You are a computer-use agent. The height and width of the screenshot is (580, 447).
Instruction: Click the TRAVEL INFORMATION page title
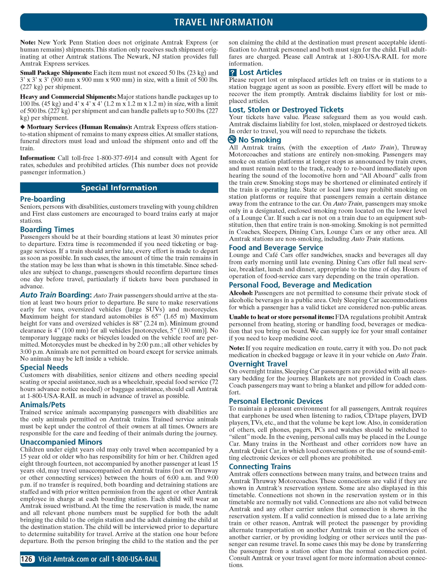pos(223,22)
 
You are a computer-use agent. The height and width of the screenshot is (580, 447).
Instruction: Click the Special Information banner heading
pos(119,188)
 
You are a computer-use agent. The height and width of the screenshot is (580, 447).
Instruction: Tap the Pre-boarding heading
pos(43,199)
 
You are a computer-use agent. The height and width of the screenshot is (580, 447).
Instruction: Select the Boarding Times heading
pos(47,229)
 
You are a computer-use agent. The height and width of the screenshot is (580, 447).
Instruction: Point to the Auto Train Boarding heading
pos(56,295)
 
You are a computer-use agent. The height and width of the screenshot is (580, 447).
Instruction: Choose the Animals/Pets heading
pos(43,405)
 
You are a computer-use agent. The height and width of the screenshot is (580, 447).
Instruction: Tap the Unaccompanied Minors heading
pos(61,442)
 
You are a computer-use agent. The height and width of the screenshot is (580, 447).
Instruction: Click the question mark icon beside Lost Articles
pos(232,73)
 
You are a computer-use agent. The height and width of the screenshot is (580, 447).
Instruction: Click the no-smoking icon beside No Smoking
pos(232,140)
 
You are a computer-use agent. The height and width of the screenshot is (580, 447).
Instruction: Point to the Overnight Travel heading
pos(258,364)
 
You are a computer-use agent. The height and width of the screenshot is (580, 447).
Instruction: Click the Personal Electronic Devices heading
pos(276,401)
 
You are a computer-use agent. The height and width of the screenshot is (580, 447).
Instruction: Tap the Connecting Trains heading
pos(260,467)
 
